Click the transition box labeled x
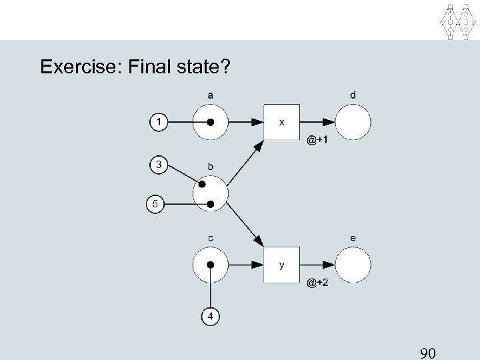pos(281,123)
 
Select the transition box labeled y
pos(281,264)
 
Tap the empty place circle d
pos(353,123)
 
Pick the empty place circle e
pos(353,264)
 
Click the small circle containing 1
pos(159,123)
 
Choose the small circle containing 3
pos(159,163)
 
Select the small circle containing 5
pos(155,203)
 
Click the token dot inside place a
pos(211,123)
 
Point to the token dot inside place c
pos(211,264)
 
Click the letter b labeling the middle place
pos(210,166)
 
